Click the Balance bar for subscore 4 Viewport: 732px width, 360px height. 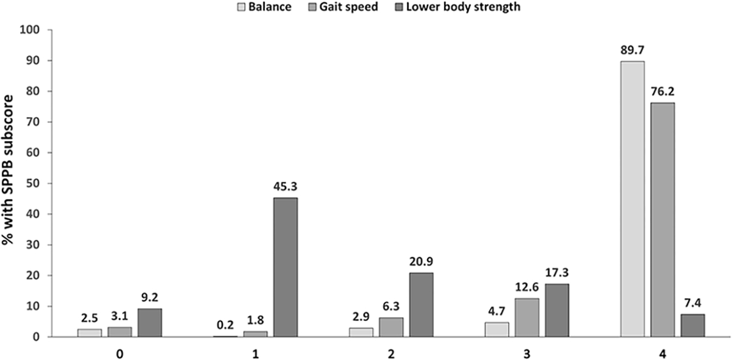point(632,199)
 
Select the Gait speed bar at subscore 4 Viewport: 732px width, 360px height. point(662,220)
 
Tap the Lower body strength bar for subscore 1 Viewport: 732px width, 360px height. point(285,267)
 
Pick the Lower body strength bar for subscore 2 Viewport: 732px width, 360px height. point(421,304)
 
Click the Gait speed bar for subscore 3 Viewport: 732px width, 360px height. point(526,317)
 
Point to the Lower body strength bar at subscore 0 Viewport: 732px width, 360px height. point(149,322)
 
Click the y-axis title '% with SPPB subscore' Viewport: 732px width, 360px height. point(9,181)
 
